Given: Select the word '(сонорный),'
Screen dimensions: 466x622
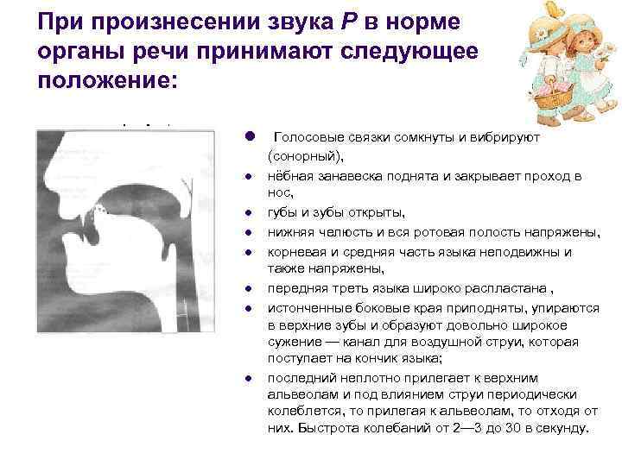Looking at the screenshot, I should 305,155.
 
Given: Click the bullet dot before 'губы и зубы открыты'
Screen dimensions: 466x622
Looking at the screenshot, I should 247,213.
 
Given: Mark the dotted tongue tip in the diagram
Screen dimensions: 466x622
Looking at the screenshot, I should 99,211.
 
